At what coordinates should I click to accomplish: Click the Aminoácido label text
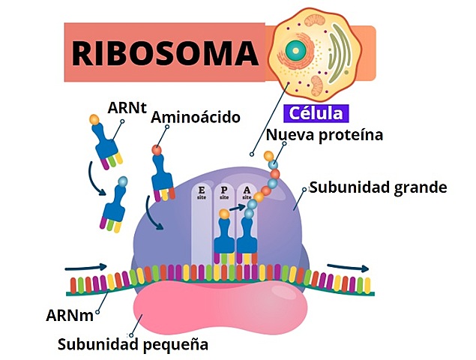195,118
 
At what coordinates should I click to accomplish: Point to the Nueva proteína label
325,136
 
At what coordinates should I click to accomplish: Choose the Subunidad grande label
378,187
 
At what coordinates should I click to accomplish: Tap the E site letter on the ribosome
202,192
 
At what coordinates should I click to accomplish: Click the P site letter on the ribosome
223,192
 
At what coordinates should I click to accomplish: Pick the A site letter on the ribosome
247,192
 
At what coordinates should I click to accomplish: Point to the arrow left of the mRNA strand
82,266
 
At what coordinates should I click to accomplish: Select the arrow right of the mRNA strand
348,268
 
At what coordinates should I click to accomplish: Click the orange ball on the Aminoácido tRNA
157,150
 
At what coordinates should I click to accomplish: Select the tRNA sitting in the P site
224,240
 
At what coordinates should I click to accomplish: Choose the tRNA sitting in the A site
247,240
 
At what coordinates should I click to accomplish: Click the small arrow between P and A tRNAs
238,212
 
